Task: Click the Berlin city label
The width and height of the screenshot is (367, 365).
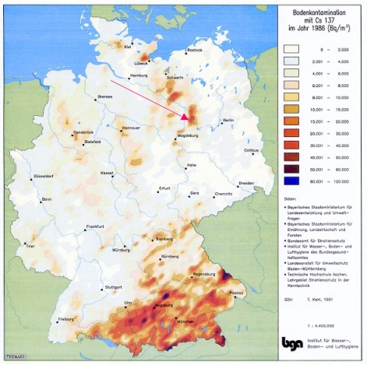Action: coord(228,121)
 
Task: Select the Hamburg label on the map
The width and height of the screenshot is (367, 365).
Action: coord(138,75)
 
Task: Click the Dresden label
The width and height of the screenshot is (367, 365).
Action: coord(246,183)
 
